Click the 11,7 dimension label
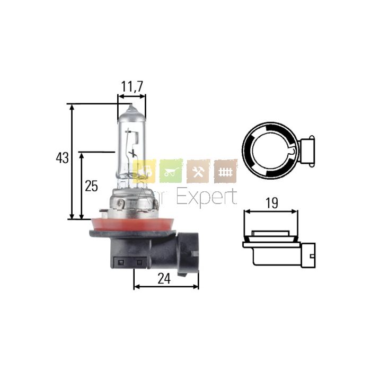tap(132, 87)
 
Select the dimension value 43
tap(62, 157)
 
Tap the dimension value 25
tap(91, 186)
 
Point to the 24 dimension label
tap(164, 279)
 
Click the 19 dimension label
tap(271, 203)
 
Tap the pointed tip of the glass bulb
tap(131, 105)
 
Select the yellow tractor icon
tap(144, 171)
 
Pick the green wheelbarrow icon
tap(171, 171)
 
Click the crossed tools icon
tap(198, 171)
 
